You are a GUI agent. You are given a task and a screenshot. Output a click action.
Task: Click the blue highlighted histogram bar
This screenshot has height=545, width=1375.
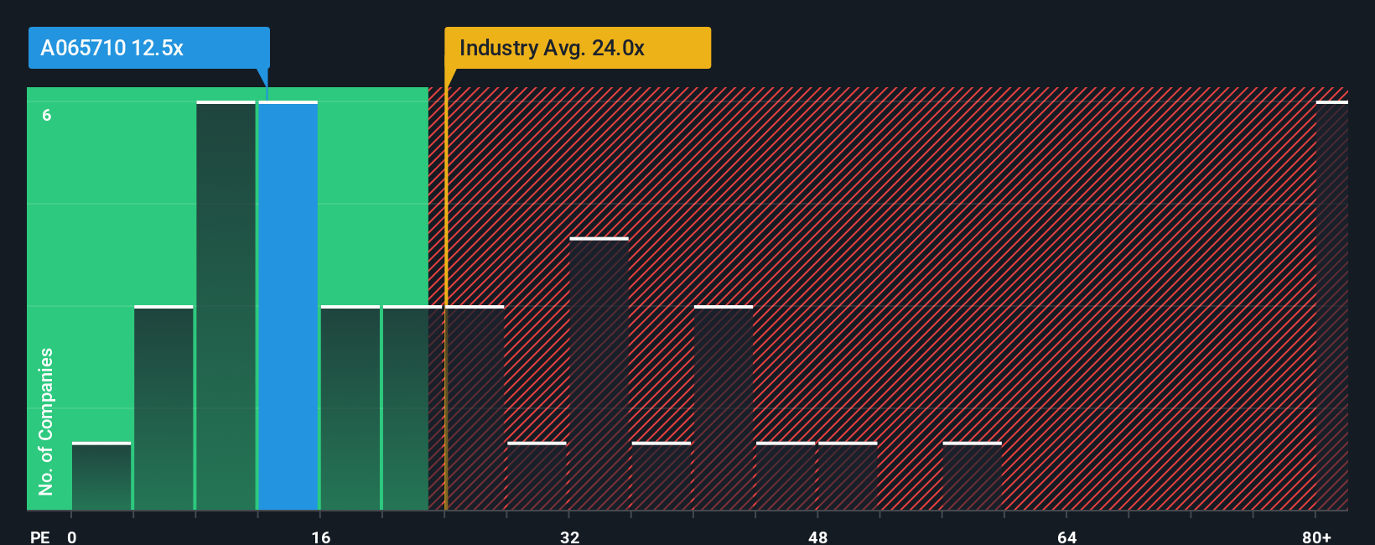pyautogui.click(x=288, y=306)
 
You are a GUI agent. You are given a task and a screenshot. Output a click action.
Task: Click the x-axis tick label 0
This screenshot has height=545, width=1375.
pyautogui.click(x=72, y=537)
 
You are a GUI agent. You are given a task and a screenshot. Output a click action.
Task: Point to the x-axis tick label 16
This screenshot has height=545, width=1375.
pyautogui.click(x=320, y=537)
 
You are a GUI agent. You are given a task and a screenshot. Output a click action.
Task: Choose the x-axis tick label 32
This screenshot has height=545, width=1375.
pyautogui.click(x=569, y=537)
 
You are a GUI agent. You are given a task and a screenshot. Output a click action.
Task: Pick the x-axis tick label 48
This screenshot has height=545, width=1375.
pyautogui.click(x=817, y=537)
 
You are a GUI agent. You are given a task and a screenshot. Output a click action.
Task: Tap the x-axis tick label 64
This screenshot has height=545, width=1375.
pyautogui.click(x=1066, y=537)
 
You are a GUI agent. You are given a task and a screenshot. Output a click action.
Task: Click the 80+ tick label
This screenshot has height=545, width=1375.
pyautogui.click(x=1316, y=537)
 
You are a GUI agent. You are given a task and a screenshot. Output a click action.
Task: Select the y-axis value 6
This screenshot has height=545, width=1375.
pyautogui.click(x=47, y=115)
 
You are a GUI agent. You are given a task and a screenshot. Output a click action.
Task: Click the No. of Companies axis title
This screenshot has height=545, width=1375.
pyautogui.click(x=46, y=421)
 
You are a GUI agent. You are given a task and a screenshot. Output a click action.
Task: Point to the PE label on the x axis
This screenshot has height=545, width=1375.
pyautogui.click(x=39, y=537)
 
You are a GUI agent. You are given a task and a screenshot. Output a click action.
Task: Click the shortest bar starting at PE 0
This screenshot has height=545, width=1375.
pyautogui.click(x=101, y=476)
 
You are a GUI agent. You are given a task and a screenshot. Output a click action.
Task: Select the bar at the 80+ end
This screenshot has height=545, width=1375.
pyautogui.click(x=1331, y=306)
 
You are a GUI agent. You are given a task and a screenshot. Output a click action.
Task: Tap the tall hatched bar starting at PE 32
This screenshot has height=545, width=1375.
pyautogui.click(x=599, y=374)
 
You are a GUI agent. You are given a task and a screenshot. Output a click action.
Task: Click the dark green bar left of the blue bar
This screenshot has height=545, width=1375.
pyautogui.click(x=226, y=306)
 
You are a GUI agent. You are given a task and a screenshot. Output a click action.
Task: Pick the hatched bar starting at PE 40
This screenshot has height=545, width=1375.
pyautogui.click(x=724, y=408)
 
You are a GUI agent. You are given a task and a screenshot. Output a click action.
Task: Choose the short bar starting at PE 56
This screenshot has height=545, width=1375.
pyautogui.click(x=972, y=476)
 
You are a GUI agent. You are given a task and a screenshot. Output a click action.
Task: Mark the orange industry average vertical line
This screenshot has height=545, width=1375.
pyautogui.click(x=446, y=302)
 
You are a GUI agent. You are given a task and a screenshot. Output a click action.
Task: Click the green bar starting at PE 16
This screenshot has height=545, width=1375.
pyautogui.click(x=350, y=408)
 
